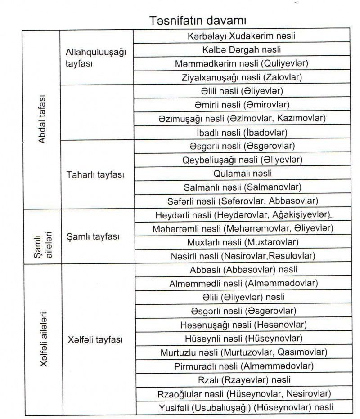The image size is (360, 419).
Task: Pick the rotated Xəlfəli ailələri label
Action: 44,339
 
